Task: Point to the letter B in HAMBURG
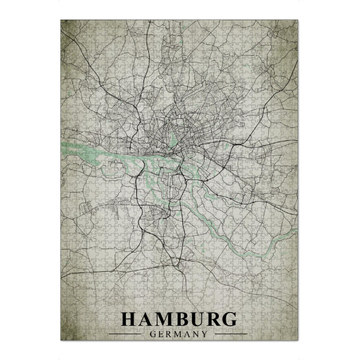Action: pos(184,319)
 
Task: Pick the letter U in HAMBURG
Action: pos(200,319)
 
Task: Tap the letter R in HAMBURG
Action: pos(217,319)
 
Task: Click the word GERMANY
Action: pos(180,334)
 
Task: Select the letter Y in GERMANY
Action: pos(205,334)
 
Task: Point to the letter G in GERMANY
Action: pos(155,334)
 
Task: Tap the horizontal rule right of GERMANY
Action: pos(230,334)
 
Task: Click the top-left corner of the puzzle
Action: pos(61,20)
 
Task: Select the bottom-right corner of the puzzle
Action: pos(298,340)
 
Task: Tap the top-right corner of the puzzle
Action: pos(298,20)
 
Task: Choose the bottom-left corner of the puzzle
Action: pos(61,340)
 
